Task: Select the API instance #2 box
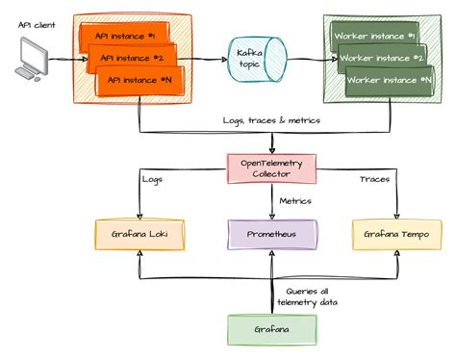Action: click(x=133, y=58)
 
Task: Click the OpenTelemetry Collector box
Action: click(x=270, y=168)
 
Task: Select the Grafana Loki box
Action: click(x=138, y=234)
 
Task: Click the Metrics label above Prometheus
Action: click(x=296, y=201)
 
